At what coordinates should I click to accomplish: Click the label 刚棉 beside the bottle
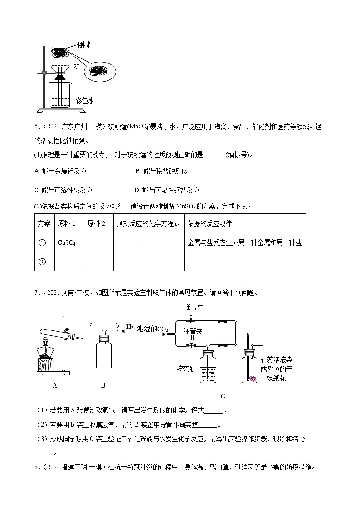click(x=84, y=44)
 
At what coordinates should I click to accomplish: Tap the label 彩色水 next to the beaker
click(x=84, y=101)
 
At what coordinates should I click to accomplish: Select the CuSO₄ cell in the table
click(x=67, y=243)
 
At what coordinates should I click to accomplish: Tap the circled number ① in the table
click(x=42, y=243)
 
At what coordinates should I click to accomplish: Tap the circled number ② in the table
click(x=42, y=262)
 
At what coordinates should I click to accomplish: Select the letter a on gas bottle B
click(x=92, y=325)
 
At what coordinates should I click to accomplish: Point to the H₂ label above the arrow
click(x=129, y=326)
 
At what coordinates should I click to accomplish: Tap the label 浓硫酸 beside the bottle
click(x=186, y=368)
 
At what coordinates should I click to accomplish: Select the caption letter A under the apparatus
click(x=55, y=385)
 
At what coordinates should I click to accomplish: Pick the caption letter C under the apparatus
click(x=223, y=396)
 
